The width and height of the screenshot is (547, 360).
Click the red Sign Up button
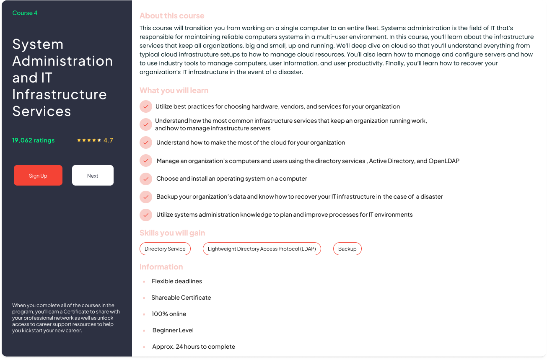tap(38, 175)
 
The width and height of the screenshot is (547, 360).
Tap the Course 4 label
tap(25, 13)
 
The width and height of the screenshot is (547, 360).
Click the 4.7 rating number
tap(108, 140)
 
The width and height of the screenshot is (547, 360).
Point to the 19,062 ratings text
tap(34, 140)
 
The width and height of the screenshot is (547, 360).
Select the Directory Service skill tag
tap(165, 249)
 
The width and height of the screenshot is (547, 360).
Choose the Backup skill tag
tap(347, 249)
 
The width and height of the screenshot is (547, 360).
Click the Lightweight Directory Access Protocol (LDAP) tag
tap(262, 249)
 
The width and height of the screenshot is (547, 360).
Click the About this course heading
tap(172, 16)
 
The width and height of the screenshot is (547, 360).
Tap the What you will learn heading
tap(174, 91)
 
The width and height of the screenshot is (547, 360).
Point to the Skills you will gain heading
tap(172, 233)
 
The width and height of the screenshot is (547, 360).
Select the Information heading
tap(161, 267)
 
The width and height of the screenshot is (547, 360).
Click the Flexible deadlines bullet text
tap(177, 281)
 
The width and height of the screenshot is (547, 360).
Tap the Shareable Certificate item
tap(181, 298)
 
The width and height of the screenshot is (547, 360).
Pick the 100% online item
tap(169, 314)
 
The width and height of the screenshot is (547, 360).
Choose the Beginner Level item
tap(173, 330)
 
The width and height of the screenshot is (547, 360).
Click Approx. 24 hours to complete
tap(194, 347)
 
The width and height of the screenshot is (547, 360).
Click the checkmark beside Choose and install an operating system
tap(146, 179)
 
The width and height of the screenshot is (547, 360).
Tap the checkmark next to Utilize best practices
tap(146, 106)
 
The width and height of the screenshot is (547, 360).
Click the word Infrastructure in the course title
tap(60, 94)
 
